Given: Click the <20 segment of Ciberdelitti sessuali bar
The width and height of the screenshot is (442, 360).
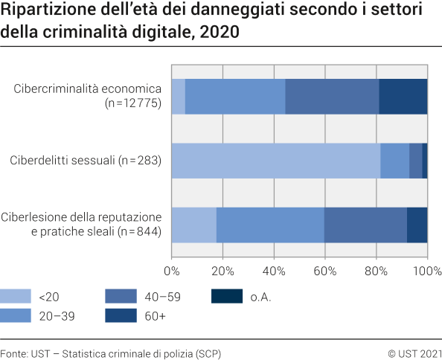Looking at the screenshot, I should coord(276,161).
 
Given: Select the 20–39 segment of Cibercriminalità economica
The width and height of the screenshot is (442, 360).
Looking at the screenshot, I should coord(235,96).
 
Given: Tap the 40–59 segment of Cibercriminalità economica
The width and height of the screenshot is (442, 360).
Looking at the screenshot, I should coord(332,96).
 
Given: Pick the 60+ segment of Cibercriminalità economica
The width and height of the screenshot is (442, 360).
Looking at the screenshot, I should coord(403,96).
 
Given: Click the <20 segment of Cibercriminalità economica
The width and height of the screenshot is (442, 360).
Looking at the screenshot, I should coord(179,96).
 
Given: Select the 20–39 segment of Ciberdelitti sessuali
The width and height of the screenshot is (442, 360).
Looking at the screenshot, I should coord(394,161).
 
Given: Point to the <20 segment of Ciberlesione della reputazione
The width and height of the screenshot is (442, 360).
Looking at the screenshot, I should coord(194,225).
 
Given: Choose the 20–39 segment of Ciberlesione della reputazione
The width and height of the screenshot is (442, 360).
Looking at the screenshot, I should coord(270,225).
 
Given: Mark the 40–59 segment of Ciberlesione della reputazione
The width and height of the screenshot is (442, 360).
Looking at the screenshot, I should coord(365,225).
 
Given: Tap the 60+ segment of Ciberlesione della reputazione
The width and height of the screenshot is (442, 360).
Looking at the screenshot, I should coord(417,225).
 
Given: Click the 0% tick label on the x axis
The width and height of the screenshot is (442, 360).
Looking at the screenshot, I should coord(172,270).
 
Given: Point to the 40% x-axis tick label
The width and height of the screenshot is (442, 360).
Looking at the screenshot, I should coord(274,270).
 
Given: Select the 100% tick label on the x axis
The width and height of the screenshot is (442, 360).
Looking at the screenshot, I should coord(427,270).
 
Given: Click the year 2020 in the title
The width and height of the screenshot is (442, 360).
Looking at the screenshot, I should coord(220,33).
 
